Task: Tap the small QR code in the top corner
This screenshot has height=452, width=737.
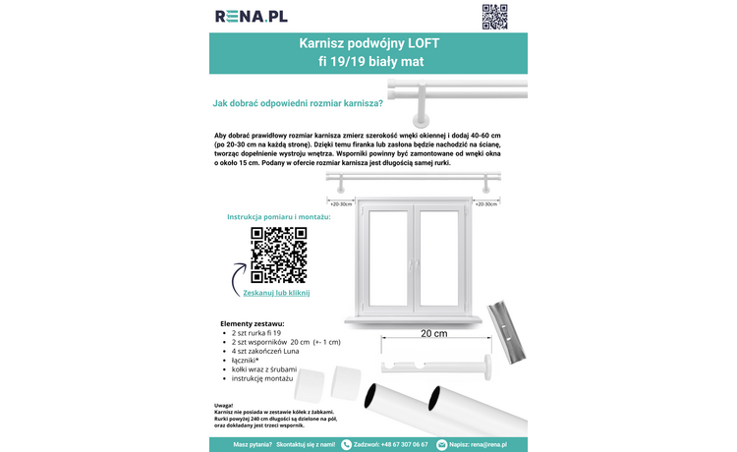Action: (x=494, y=17)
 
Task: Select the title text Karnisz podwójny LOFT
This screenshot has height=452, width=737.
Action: (x=368, y=45)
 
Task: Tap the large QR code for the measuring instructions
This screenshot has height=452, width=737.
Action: (x=279, y=254)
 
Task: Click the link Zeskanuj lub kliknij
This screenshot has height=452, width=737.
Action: (x=276, y=293)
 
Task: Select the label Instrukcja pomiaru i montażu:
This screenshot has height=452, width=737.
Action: (x=278, y=216)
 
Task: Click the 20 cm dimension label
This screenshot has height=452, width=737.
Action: (x=433, y=333)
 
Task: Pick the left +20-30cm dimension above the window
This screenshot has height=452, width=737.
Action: (x=341, y=204)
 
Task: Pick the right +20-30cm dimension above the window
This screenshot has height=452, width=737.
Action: (x=485, y=204)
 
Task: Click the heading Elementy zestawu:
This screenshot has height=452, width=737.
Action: (x=253, y=323)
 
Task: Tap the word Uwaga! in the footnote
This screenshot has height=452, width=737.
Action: (x=223, y=403)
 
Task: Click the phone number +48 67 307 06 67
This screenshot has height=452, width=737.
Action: (x=405, y=444)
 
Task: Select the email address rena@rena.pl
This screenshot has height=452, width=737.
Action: (x=488, y=444)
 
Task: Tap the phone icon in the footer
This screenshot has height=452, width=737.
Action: (x=346, y=444)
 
